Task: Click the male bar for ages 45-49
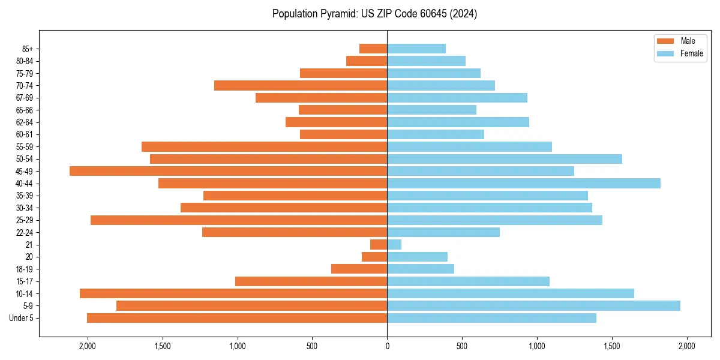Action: tap(228, 171)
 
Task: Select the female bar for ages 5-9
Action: tap(533, 305)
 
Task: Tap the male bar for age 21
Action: tap(379, 244)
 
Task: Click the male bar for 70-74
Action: tap(300, 85)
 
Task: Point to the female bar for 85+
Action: tap(416, 49)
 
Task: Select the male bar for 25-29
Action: tap(239, 220)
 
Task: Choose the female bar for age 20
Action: tap(417, 257)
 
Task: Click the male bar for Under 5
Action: tap(237, 318)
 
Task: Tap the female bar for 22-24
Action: tap(443, 232)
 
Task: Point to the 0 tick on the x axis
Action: tap(387, 346)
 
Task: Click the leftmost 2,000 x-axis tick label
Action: tap(88, 346)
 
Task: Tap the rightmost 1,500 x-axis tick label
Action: tap(612, 346)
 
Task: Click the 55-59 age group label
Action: tap(24, 146)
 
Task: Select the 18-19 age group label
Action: tap(24, 269)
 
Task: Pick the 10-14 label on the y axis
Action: tap(24, 293)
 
